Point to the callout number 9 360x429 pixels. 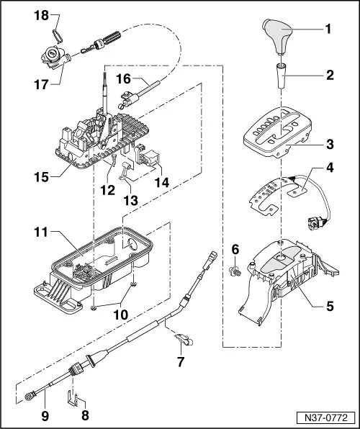(42, 415)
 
